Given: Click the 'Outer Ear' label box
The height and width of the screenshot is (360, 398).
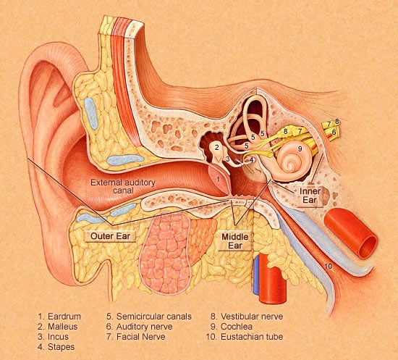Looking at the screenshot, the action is (x=111, y=236).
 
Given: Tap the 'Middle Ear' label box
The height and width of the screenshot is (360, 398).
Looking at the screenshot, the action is (x=235, y=241).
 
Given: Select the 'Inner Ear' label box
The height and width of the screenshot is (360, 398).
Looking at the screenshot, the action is (x=310, y=196).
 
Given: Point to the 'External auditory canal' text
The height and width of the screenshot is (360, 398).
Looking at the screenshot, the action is (x=123, y=186).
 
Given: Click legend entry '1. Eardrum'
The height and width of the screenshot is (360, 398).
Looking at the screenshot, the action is (x=59, y=317).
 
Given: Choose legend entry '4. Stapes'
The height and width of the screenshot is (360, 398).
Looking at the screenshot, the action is (x=56, y=347).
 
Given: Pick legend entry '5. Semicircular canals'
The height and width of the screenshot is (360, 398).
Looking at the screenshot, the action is (x=149, y=317).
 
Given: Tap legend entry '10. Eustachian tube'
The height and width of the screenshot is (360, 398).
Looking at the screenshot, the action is (x=245, y=337).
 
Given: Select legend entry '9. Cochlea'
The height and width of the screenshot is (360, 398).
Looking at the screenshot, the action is (x=232, y=327).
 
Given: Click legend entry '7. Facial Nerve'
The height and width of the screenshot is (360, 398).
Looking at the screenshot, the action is (x=136, y=337).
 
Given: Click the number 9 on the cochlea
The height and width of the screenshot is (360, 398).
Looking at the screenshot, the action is (x=300, y=148).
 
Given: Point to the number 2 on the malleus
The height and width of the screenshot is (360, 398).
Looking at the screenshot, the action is (x=216, y=147).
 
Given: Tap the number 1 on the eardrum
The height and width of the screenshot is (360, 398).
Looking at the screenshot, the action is (x=219, y=180).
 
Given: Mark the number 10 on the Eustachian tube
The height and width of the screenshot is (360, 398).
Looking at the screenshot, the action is (x=329, y=266).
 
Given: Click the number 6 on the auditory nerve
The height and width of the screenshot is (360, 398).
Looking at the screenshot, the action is (x=334, y=132).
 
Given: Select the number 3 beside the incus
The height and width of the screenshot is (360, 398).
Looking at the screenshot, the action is (x=228, y=159).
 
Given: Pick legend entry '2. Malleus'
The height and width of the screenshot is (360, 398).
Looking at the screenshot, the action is (x=58, y=327).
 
